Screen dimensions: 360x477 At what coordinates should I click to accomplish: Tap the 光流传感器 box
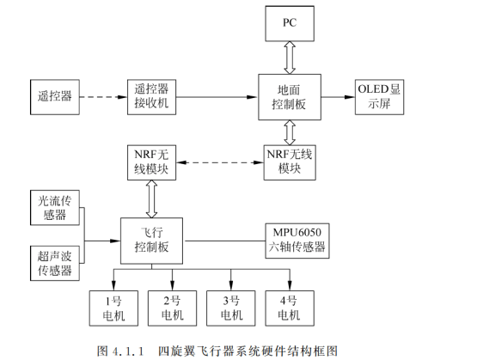pyautogui.click(x=53, y=208)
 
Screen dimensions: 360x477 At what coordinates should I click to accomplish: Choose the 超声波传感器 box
pyautogui.click(x=53, y=262)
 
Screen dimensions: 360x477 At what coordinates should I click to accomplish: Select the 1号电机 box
pyautogui.click(x=114, y=307)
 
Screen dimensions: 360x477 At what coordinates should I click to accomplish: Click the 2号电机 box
pyautogui.click(x=173, y=307)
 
